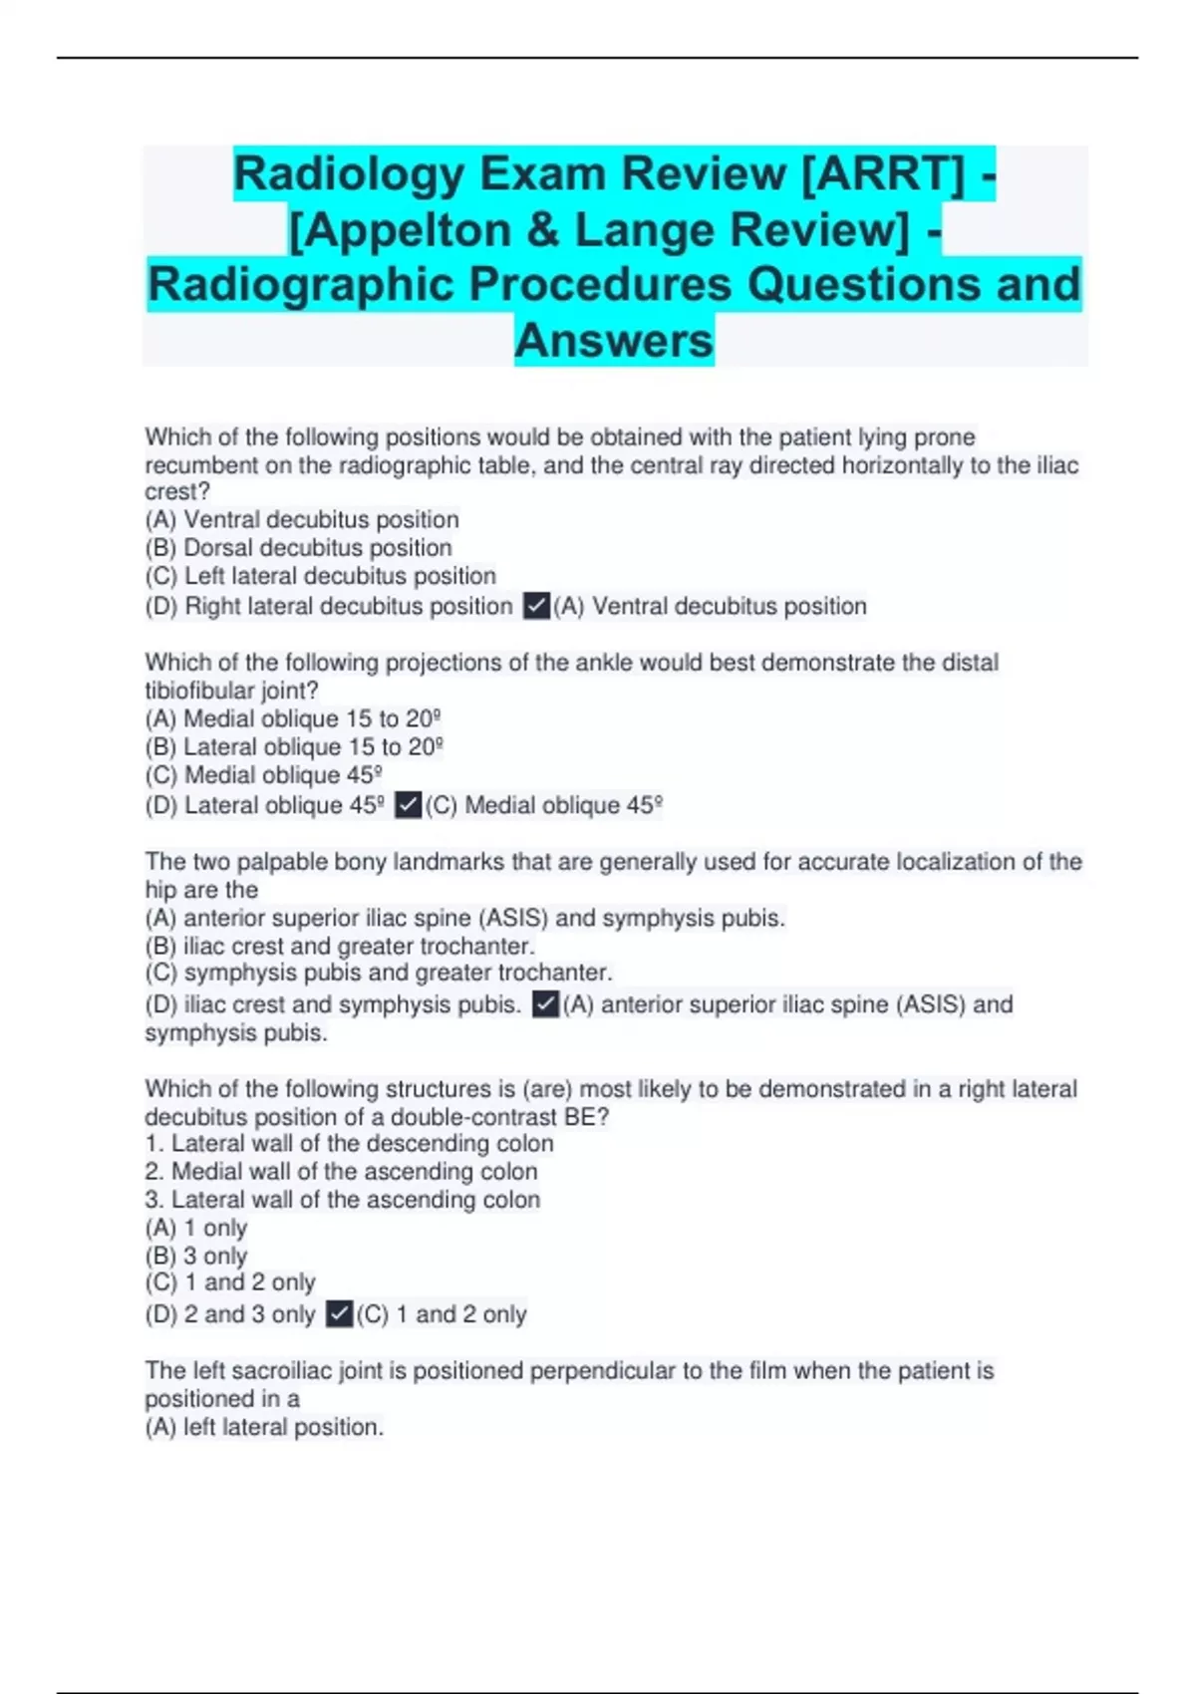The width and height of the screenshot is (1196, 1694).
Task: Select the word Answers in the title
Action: point(614,340)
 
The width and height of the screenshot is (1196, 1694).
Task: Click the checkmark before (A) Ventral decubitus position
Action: point(536,606)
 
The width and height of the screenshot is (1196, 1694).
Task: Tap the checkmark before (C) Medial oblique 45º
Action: point(408,805)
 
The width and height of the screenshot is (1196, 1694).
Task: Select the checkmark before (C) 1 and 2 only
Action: point(339,1314)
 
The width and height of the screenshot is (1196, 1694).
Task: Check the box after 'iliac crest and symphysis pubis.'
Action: point(545,1004)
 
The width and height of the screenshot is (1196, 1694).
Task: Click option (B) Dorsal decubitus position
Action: point(298,548)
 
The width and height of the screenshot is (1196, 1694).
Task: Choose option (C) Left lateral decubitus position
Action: point(320,576)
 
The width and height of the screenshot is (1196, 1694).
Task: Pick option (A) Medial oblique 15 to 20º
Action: point(293,718)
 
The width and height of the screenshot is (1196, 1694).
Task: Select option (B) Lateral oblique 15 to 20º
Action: point(294,747)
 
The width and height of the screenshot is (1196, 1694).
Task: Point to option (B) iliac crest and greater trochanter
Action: point(340,946)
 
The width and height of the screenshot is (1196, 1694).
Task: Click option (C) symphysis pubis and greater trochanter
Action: point(379,973)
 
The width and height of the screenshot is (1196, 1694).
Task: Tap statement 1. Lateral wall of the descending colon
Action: point(349,1144)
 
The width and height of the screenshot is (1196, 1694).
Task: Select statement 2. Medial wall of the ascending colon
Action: point(341,1172)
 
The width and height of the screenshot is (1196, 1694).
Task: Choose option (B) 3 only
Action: point(196,1257)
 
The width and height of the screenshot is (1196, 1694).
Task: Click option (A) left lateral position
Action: point(264,1427)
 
